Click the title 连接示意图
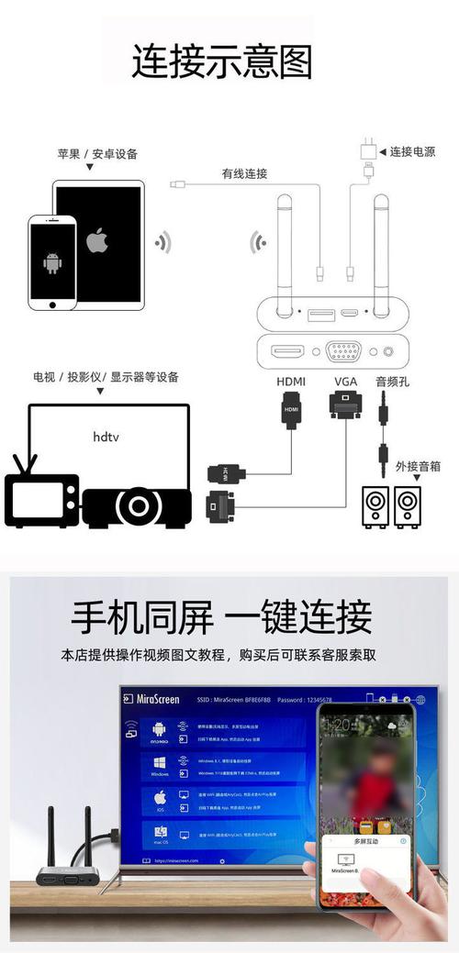pos(222,62)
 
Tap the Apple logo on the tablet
pos(97,240)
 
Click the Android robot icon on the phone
pos(51,264)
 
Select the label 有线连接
pos(244,173)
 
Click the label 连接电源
pos(412,151)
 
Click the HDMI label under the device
pos(291,381)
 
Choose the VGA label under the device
pos(345,381)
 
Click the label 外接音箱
pos(418,466)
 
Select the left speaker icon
pos(375,506)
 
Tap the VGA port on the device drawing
pos(343,350)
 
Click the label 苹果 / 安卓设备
pos(97,153)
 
